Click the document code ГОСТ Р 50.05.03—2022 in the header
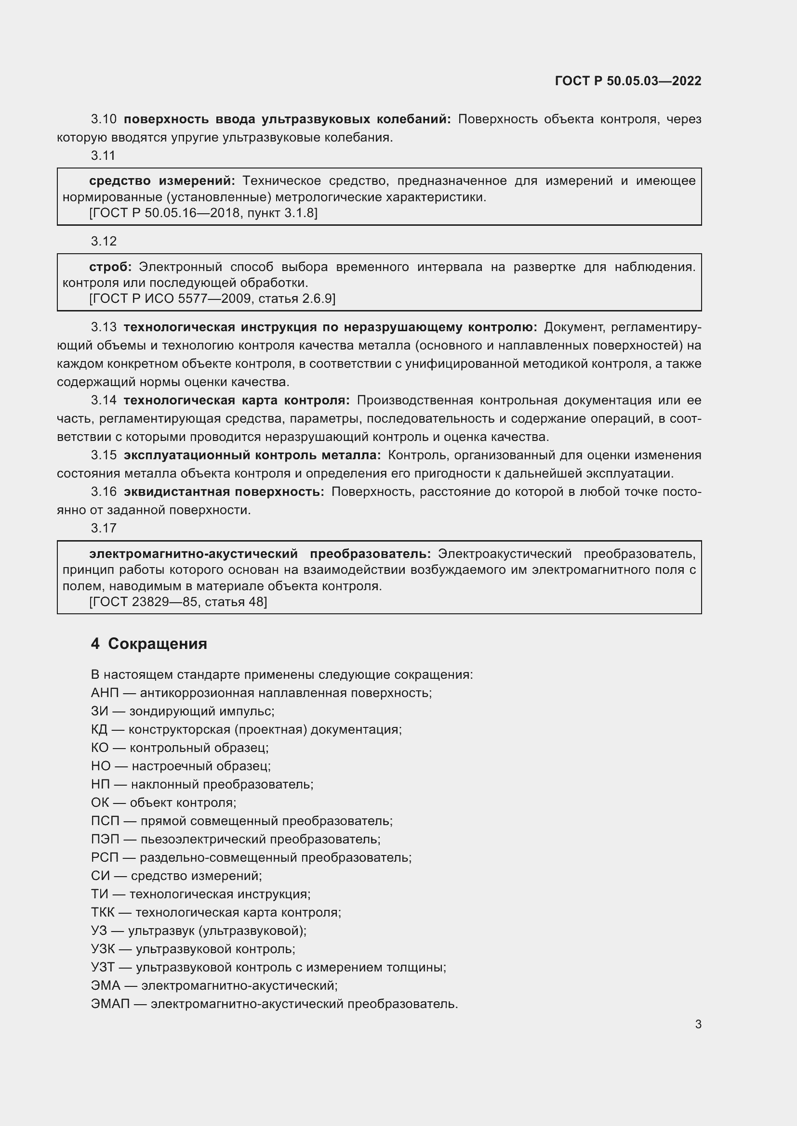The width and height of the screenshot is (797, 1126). pos(628,81)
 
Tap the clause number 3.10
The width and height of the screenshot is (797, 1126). pos(104,119)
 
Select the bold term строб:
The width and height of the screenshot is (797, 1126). pos(110,267)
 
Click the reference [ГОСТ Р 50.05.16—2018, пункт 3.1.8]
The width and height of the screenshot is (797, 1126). pos(204,213)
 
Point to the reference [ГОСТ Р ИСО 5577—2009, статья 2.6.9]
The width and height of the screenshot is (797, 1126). pos(213,298)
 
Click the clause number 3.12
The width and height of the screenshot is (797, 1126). pos(104,241)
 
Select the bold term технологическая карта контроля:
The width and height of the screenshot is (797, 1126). pos(237,400)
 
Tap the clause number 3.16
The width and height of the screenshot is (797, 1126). pos(104,492)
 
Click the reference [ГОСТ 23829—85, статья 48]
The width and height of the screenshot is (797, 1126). pos(178,602)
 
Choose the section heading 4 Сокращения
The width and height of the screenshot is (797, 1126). pos(149,644)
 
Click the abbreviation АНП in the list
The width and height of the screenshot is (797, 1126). pos(105,693)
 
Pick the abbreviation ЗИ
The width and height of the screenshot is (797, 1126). pos(99,711)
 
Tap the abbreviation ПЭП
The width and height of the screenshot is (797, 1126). pos(105,839)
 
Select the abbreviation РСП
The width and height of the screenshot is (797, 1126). pos(105,857)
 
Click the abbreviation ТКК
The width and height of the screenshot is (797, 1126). pos(103,912)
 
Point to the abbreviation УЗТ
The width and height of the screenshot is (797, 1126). pos(103,967)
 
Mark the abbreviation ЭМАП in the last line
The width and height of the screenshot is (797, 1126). pos(110,1004)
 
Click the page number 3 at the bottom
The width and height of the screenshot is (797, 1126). pos(698,1024)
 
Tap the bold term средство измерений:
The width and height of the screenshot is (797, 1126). pos(162,181)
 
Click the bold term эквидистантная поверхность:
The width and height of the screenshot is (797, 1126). pos(224,492)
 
